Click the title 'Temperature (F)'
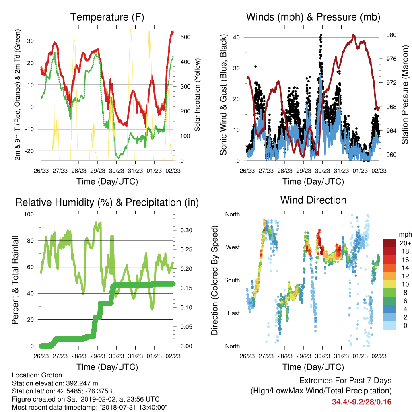pos(107,17)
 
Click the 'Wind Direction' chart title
pos(313,200)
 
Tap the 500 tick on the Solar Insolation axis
pos(185,37)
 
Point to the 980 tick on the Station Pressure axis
pos(391,35)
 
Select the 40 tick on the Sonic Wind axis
pos(237,37)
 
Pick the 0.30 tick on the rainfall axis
pos(186,230)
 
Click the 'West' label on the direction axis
pos(233,247)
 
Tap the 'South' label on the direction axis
pos(232,280)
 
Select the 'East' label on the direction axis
pos(234,313)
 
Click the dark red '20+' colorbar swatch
pos(389,243)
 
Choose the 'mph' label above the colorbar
pos(405,235)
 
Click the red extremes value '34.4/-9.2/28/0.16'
pos(362,402)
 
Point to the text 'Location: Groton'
pos(37,375)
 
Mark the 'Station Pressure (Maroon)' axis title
pos(405,95)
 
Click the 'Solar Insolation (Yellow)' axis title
pos(197,95)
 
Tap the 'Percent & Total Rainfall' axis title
pos(15,280)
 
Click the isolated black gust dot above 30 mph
pos(255,66)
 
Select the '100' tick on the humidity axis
pos(29,214)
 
